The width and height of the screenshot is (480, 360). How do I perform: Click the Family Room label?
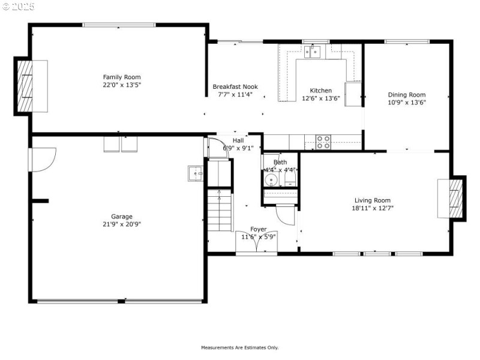[x=122, y=77]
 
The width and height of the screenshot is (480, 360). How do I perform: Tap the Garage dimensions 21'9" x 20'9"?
[x=122, y=224]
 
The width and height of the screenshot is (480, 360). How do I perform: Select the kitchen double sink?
[x=312, y=52]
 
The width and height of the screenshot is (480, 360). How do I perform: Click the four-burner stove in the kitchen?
[x=323, y=142]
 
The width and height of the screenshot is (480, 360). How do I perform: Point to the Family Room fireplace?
[x=25, y=86]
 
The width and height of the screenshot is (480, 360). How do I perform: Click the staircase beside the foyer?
[x=220, y=211]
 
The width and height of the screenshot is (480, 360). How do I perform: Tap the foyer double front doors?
[x=257, y=241]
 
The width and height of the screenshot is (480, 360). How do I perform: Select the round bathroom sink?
[x=271, y=179]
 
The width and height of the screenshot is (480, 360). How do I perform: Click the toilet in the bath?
[x=290, y=178]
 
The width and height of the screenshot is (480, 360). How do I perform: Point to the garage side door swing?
[x=42, y=160]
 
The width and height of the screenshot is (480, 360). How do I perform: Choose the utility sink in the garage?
[x=196, y=173]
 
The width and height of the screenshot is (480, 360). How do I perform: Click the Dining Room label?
[x=407, y=95]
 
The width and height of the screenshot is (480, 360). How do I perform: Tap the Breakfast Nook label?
[x=235, y=86]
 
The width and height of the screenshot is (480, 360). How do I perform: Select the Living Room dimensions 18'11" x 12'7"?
[x=373, y=208]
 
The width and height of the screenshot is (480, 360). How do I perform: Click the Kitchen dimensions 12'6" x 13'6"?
[x=321, y=98]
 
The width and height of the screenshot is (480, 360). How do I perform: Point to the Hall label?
[x=238, y=140]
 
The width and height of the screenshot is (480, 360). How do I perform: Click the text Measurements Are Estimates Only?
[x=239, y=347]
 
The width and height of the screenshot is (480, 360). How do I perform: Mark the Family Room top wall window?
[x=119, y=25]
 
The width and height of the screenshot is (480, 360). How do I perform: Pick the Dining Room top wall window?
[x=407, y=41]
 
